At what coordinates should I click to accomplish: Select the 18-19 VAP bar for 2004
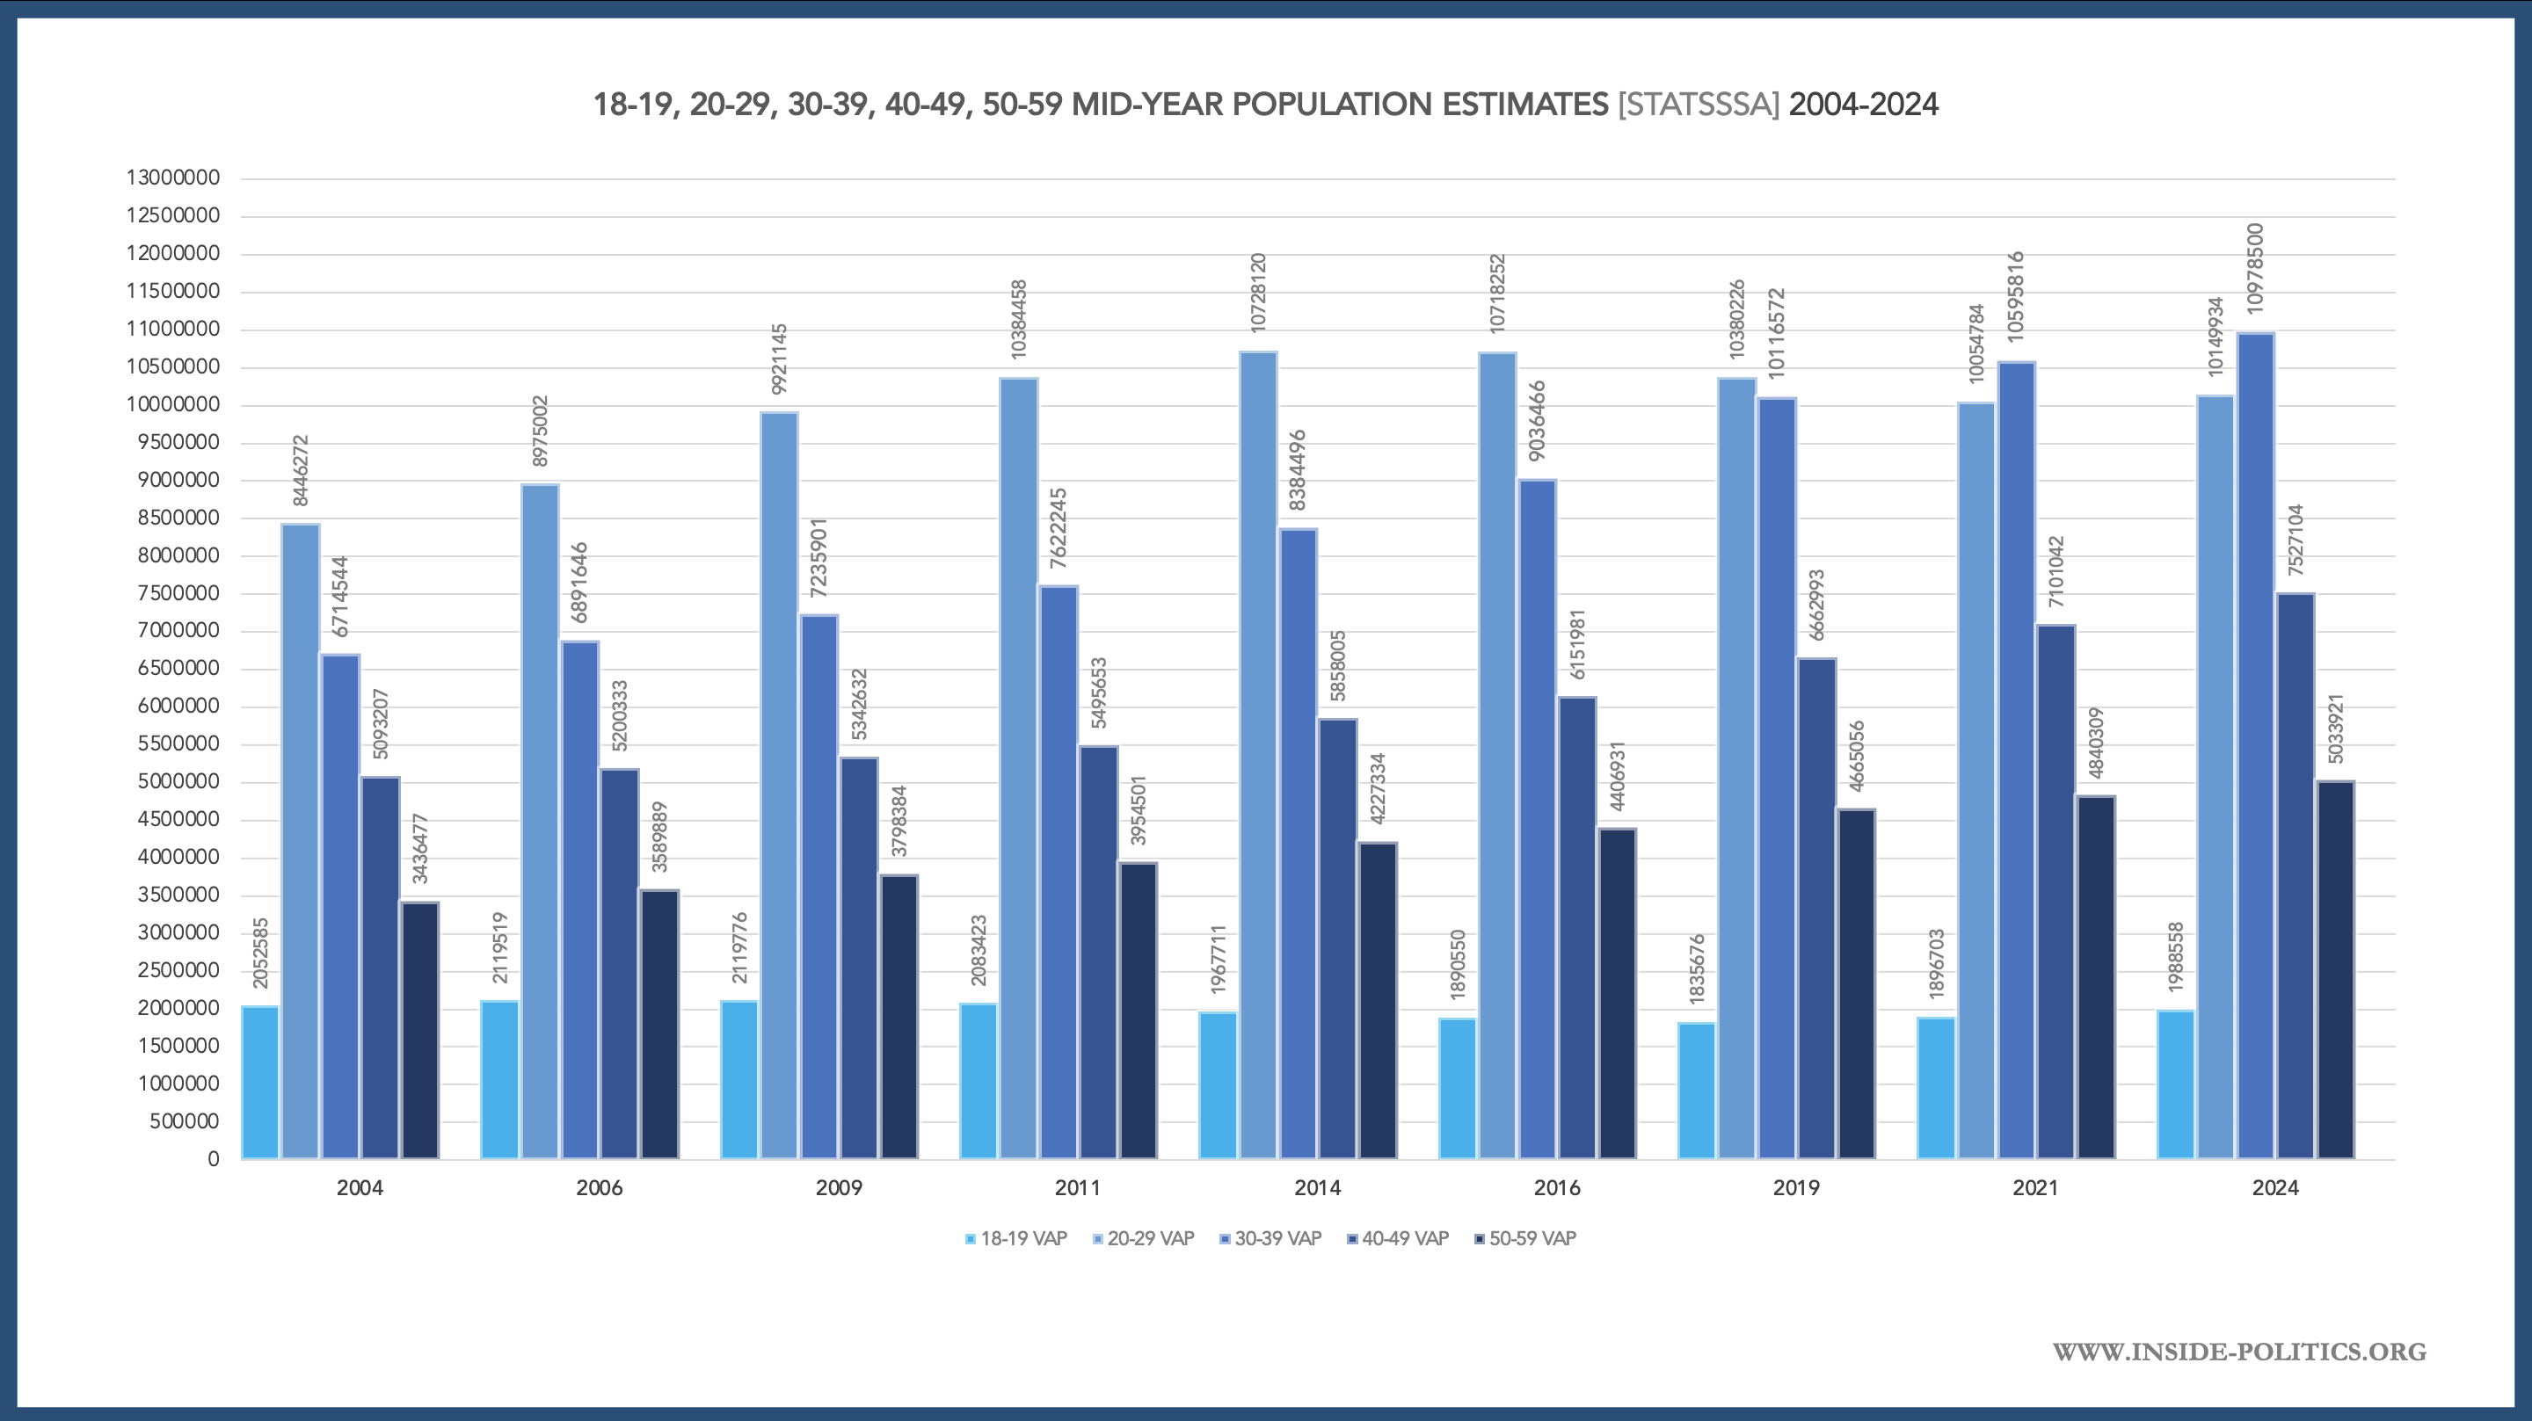[x=260, y=1082]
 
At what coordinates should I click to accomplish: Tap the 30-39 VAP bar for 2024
[x=2256, y=746]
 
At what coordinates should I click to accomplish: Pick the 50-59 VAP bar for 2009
[x=899, y=1016]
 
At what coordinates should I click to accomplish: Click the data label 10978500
[x=2256, y=268]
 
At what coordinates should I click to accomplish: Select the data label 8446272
[x=301, y=471]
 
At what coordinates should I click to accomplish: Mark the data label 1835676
[x=1698, y=968]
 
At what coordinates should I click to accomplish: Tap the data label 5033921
[x=2337, y=729]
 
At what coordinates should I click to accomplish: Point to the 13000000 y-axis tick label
[x=173, y=178]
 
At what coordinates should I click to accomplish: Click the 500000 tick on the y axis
[x=184, y=1121]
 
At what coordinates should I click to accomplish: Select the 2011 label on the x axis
[x=1077, y=1188]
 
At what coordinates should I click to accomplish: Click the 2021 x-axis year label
[x=2034, y=1188]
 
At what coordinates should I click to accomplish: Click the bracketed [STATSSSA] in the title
[x=1699, y=105]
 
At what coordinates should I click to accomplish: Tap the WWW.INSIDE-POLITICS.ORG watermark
[x=2239, y=1352]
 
